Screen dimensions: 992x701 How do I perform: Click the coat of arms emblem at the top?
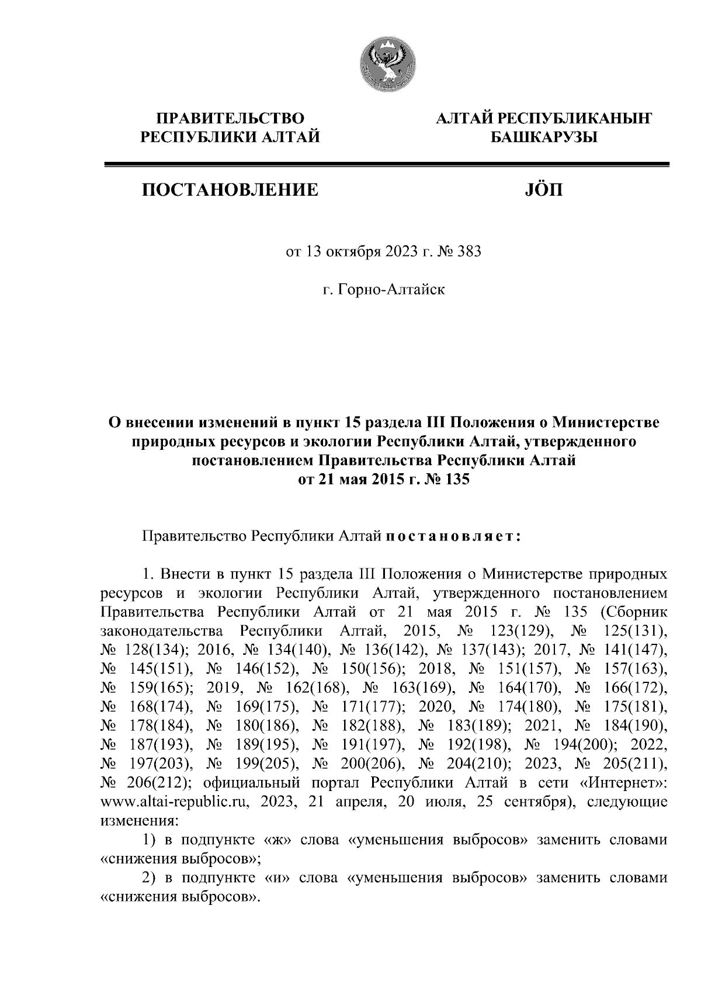387,63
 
